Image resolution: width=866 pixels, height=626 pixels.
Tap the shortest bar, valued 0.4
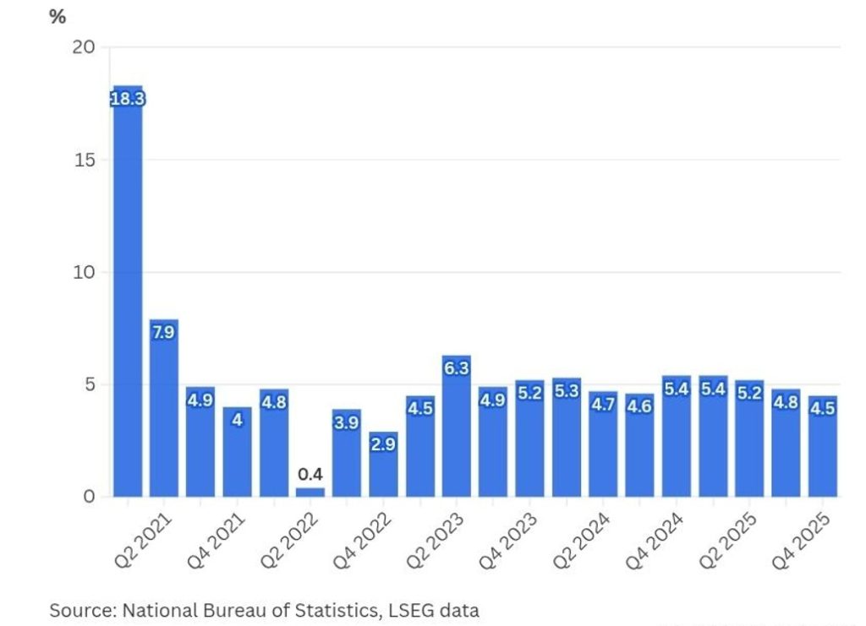pyautogui.click(x=310, y=492)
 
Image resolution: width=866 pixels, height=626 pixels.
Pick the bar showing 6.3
pyautogui.click(x=457, y=427)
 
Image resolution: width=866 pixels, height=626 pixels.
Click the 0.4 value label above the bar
pyautogui.click(x=310, y=473)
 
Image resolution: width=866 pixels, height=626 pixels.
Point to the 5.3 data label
pyautogui.click(x=567, y=391)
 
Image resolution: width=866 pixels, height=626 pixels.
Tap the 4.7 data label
pyautogui.click(x=603, y=405)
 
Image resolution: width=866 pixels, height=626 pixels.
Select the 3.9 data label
pyautogui.click(x=347, y=423)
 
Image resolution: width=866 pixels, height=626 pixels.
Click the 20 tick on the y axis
pyautogui.click(x=83, y=47)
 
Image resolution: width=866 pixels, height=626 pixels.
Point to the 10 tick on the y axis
pyautogui.click(x=83, y=272)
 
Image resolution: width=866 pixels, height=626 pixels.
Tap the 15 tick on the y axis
pyautogui.click(x=83, y=160)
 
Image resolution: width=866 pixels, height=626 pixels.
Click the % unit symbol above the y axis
pyautogui.click(x=58, y=17)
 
